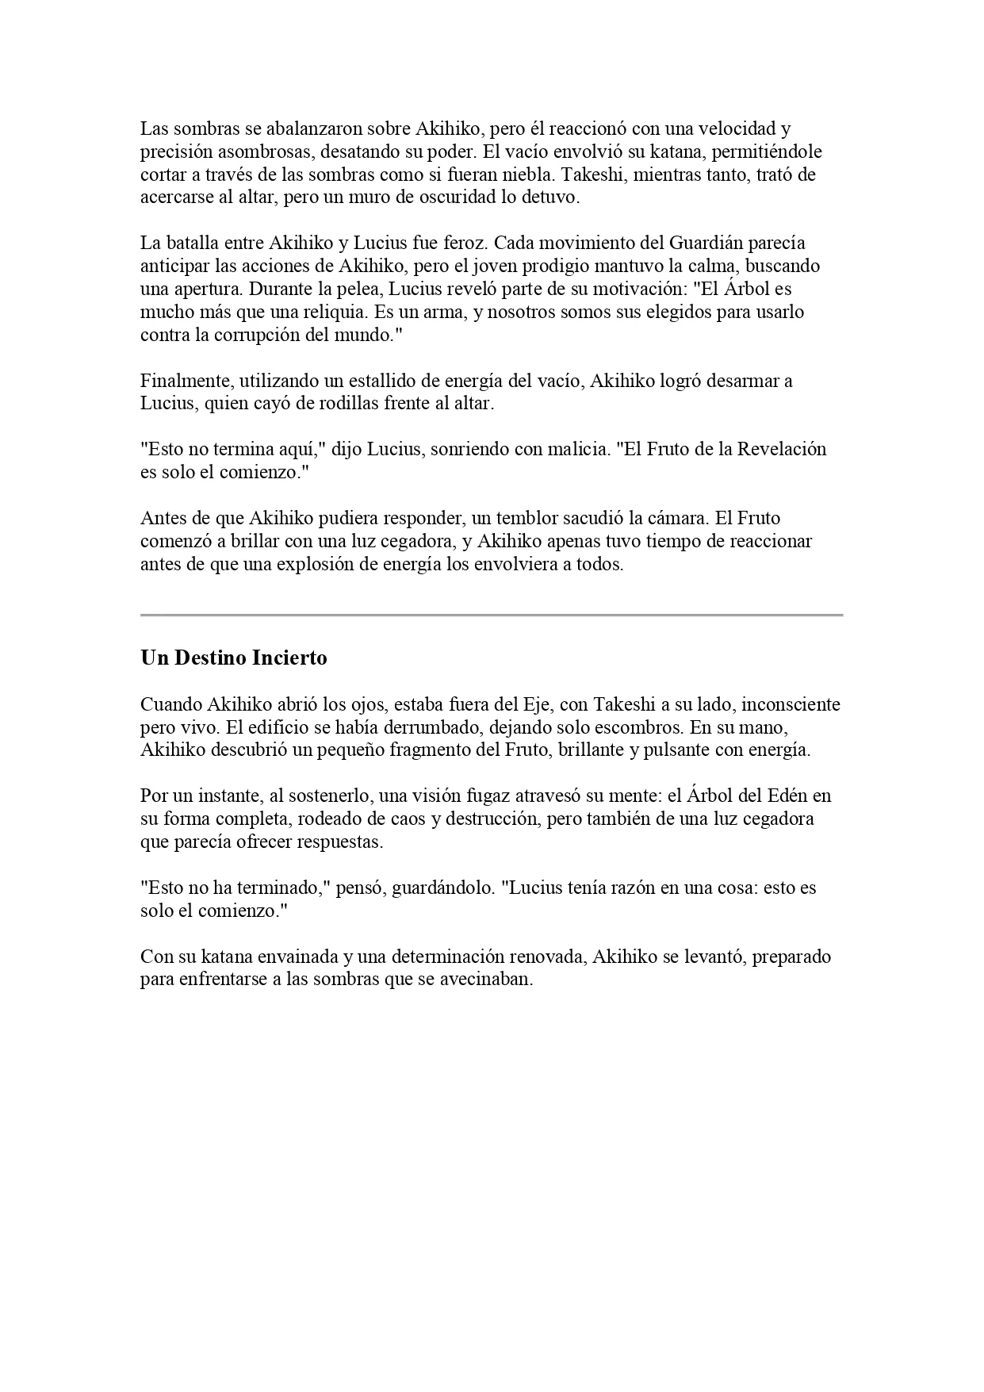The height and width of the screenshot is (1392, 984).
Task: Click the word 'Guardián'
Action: (695, 243)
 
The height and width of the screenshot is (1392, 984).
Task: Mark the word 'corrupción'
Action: (241, 335)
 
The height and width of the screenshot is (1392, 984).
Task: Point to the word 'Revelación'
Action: (782, 449)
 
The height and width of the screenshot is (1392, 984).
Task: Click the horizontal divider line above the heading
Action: (492, 615)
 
